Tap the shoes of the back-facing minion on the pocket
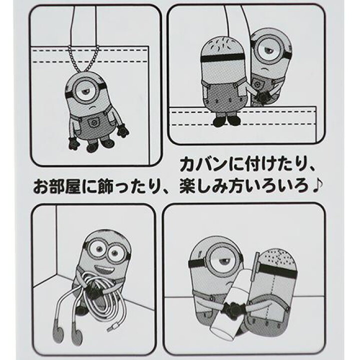(225, 121)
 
